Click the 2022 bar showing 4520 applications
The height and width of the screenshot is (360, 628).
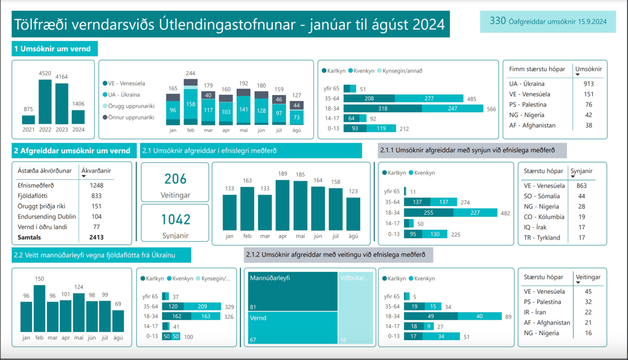click(x=45, y=102)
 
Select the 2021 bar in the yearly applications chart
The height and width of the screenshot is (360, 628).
click(x=28, y=120)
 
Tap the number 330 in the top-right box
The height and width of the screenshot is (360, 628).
click(x=498, y=21)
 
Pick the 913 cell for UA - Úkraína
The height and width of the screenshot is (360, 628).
click(x=588, y=84)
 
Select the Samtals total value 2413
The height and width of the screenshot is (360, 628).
click(x=96, y=238)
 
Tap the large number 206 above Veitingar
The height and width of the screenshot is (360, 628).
click(x=175, y=179)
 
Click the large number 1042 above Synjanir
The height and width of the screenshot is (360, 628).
click(x=175, y=220)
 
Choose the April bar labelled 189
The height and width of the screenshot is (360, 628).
click(x=282, y=205)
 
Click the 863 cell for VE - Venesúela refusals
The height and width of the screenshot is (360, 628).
click(x=581, y=186)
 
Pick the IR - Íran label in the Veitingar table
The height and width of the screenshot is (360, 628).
click(x=535, y=312)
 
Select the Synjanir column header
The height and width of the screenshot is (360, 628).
click(x=581, y=171)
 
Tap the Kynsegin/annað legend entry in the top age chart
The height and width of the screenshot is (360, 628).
click(x=402, y=71)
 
